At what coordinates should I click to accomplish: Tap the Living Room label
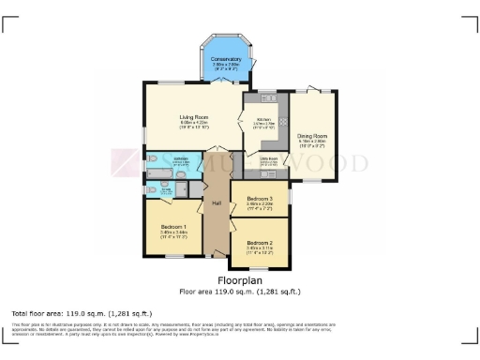[193, 117]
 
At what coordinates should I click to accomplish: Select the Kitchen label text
[263, 120]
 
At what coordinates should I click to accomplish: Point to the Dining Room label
[311, 135]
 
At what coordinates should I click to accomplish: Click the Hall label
[216, 203]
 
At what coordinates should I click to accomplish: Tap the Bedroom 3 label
[259, 199]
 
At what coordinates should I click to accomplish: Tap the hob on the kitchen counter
[279, 131]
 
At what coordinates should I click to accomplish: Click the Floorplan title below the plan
[239, 279]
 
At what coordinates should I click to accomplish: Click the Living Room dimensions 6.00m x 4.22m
[193, 125]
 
